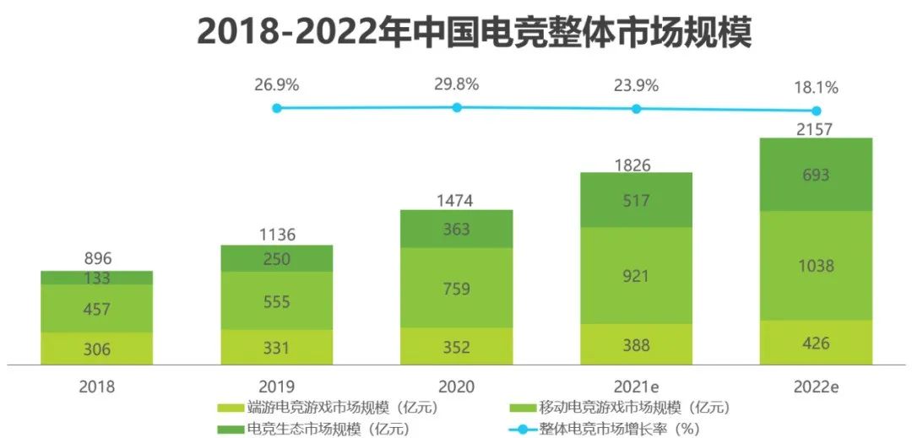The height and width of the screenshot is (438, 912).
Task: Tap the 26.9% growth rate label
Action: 277,84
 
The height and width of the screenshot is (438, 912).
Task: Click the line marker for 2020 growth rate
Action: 457,107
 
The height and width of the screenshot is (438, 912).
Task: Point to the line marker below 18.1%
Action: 816,111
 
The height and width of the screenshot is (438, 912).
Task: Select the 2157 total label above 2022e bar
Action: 816,129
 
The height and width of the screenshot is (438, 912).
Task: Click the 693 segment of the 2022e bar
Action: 816,175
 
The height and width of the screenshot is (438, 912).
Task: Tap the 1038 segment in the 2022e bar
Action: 816,266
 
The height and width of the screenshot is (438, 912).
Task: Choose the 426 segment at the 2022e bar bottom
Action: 816,343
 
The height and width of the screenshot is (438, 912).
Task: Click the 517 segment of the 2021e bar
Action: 636,200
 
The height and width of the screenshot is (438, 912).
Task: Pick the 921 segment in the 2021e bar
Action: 636,275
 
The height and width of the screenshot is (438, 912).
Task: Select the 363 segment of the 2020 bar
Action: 456,229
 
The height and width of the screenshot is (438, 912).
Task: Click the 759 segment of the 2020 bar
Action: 456,288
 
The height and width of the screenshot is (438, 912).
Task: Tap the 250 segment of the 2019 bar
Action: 277,258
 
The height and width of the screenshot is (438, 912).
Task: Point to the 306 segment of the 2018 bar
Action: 97,349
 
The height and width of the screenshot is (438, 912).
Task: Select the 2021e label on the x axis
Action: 636,387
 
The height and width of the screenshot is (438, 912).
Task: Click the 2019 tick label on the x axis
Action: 277,387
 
